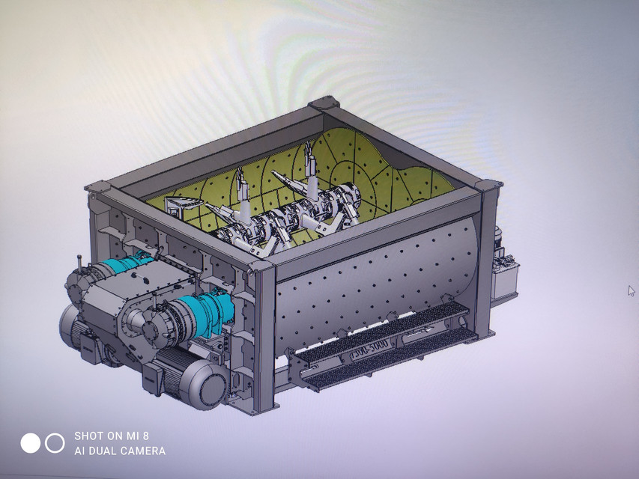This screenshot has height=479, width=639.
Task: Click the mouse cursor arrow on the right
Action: point(631,290)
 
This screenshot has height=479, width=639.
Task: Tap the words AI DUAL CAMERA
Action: point(119,451)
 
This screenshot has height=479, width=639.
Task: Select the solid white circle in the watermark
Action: point(30,443)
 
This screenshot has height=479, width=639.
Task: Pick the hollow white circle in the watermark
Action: point(55,443)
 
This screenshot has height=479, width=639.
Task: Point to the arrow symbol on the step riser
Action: point(420,331)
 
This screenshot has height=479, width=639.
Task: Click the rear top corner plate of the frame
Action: point(324,103)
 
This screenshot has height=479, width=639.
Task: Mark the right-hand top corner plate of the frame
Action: point(491,185)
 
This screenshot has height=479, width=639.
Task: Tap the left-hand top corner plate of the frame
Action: point(97,186)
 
